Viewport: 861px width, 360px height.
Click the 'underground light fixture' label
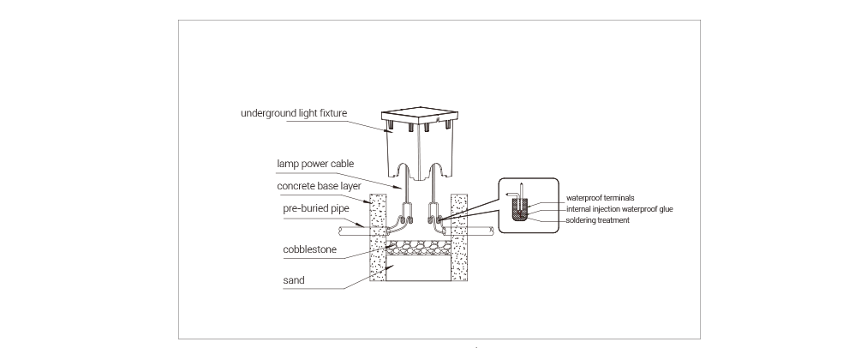(x=294, y=114)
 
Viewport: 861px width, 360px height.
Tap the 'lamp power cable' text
(x=315, y=164)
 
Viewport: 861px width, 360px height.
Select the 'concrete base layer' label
(x=319, y=186)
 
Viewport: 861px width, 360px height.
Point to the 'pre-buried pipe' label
(x=316, y=208)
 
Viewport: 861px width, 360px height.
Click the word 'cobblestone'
(x=309, y=249)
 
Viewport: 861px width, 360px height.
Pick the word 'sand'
(x=294, y=280)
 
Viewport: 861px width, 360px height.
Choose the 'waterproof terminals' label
(x=601, y=198)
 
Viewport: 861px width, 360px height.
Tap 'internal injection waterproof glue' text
(x=619, y=209)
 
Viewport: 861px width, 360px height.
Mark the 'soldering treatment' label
(x=597, y=220)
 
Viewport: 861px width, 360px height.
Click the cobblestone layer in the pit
(x=418, y=248)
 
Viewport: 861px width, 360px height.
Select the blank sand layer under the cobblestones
(x=418, y=268)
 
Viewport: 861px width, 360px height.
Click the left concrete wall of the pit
(x=378, y=237)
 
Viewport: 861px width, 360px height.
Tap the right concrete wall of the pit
(x=459, y=237)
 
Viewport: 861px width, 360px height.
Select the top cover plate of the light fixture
(x=419, y=116)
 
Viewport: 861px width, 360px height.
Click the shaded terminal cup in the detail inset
(x=519, y=210)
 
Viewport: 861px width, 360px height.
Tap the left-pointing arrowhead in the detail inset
(x=507, y=195)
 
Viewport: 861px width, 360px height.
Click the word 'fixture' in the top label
(x=332, y=114)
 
